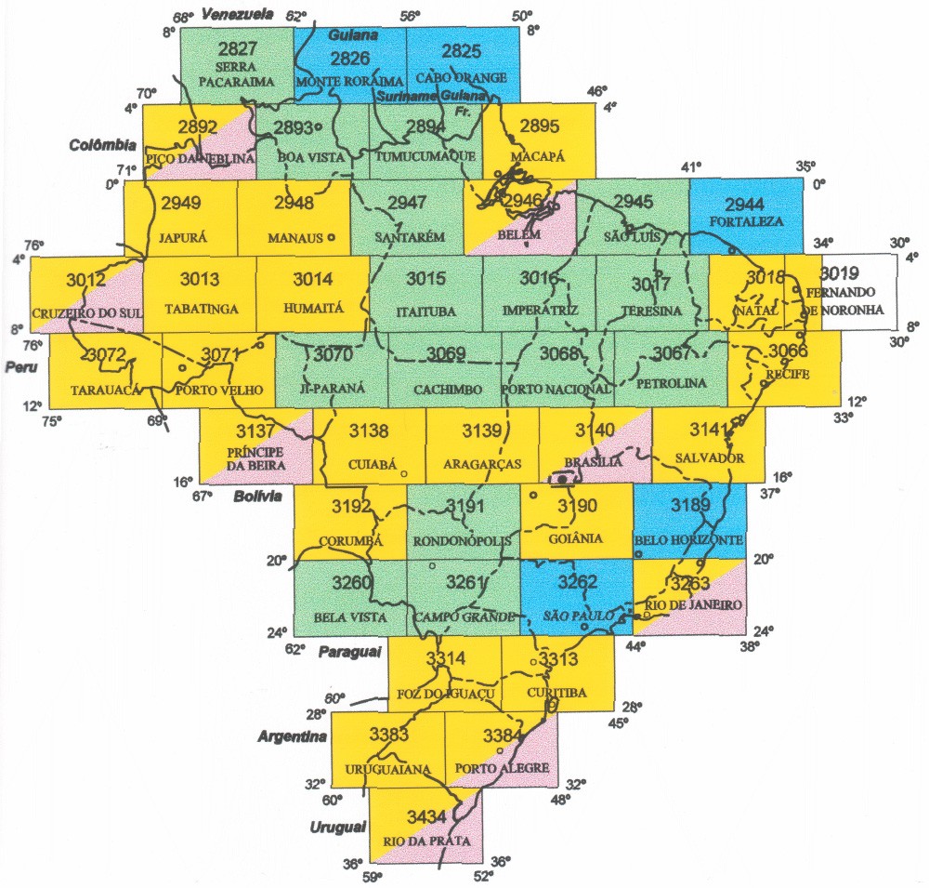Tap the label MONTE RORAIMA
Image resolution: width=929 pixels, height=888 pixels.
pyautogui.click(x=349, y=81)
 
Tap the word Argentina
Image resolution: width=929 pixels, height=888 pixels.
pyautogui.click(x=293, y=736)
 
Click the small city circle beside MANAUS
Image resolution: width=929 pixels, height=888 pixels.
pyautogui.click(x=331, y=237)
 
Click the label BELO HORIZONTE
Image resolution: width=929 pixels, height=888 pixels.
pyautogui.click(x=688, y=539)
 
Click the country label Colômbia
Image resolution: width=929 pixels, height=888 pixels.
pyautogui.click(x=102, y=145)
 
